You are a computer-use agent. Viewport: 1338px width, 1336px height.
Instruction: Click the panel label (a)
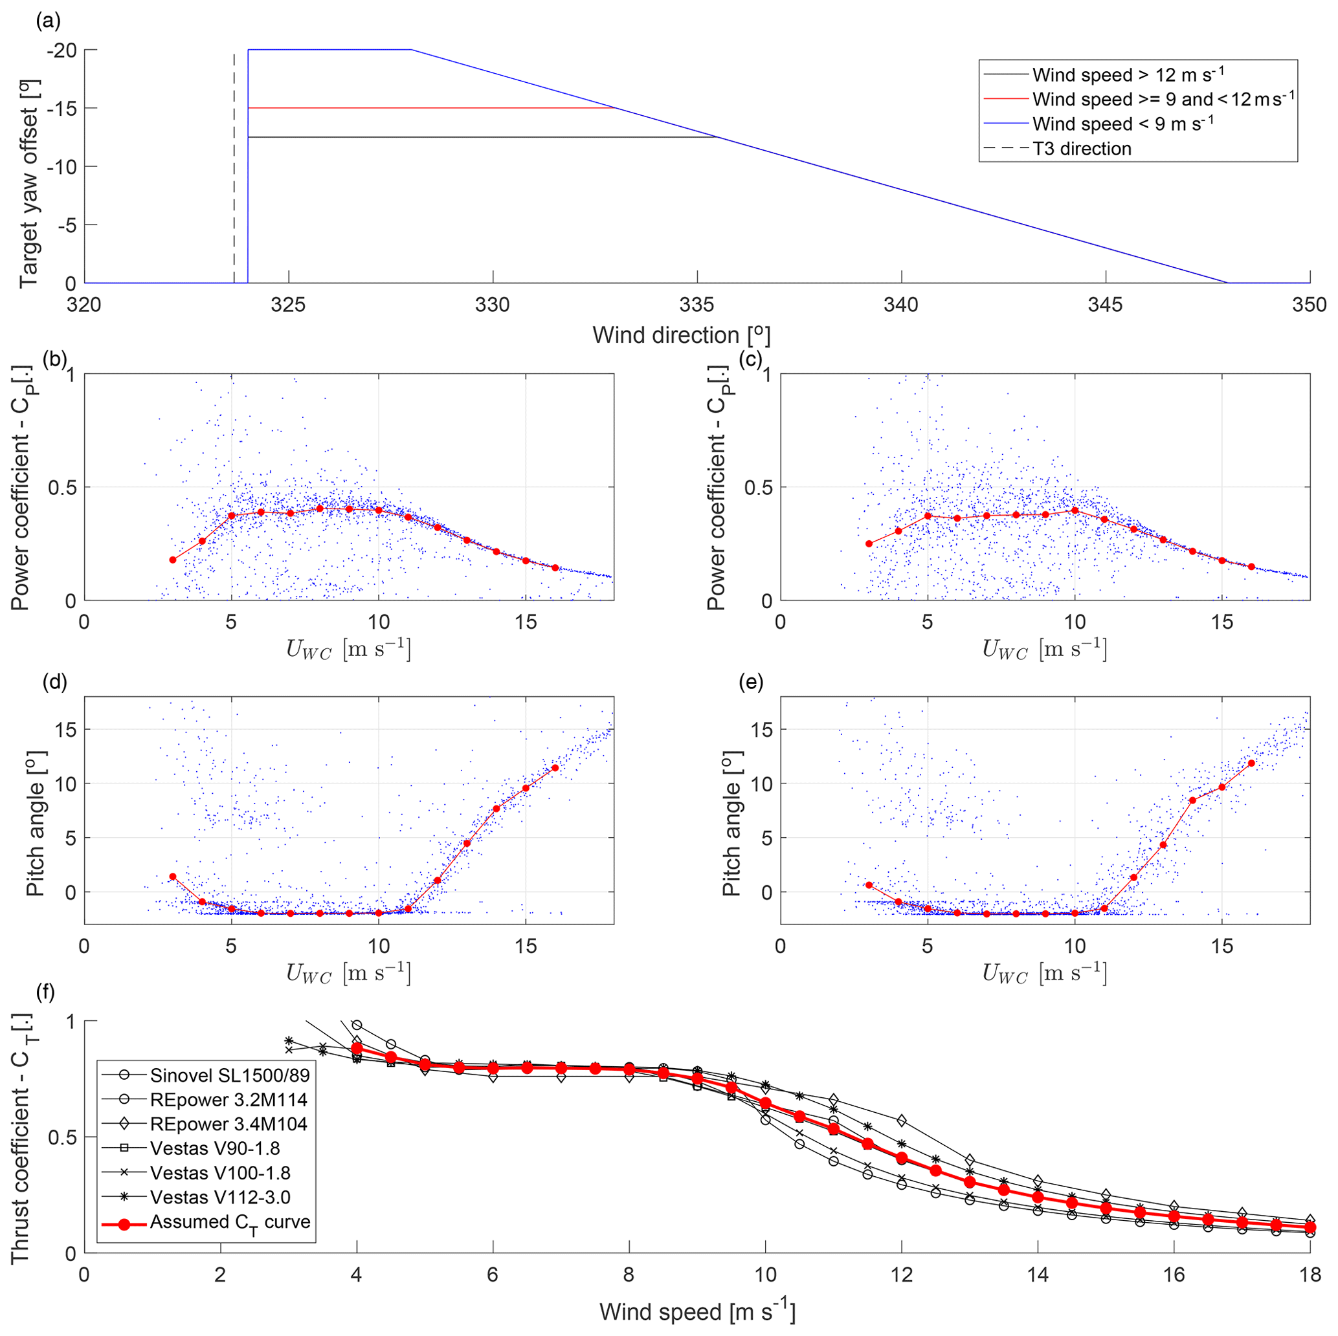[x=49, y=21]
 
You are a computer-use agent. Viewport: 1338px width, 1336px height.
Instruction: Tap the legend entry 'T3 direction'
[x=1082, y=149]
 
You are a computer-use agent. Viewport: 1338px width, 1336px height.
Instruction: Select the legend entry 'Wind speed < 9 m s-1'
[x=1122, y=125]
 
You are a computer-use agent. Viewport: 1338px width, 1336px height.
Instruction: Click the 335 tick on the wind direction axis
[x=697, y=305]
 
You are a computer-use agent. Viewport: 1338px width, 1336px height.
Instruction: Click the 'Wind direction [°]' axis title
[x=681, y=336]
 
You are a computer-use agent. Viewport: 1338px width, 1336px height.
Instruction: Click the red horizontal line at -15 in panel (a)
[x=429, y=108]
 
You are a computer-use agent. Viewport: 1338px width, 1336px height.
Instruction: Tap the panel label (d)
[x=55, y=683]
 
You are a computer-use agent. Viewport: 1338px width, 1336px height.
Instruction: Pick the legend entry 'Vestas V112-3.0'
[x=219, y=1198]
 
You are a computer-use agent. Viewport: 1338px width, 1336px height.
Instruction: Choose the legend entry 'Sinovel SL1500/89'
[x=229, y=1075]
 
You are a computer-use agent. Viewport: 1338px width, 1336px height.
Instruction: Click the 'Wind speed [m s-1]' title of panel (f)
[x=697, y=1312]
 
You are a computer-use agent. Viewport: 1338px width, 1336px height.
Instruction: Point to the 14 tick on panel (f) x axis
[x=1038, y=1275]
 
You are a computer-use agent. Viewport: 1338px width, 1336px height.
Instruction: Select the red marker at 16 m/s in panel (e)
[x=1251, y=763]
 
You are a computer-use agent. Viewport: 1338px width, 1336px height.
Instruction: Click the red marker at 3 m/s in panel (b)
[x=173, y=560]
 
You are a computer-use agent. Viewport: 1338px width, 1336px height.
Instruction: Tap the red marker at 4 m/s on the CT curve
[x=357, y=1048]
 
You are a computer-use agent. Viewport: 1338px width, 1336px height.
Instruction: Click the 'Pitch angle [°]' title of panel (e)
[x=732, y=810]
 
